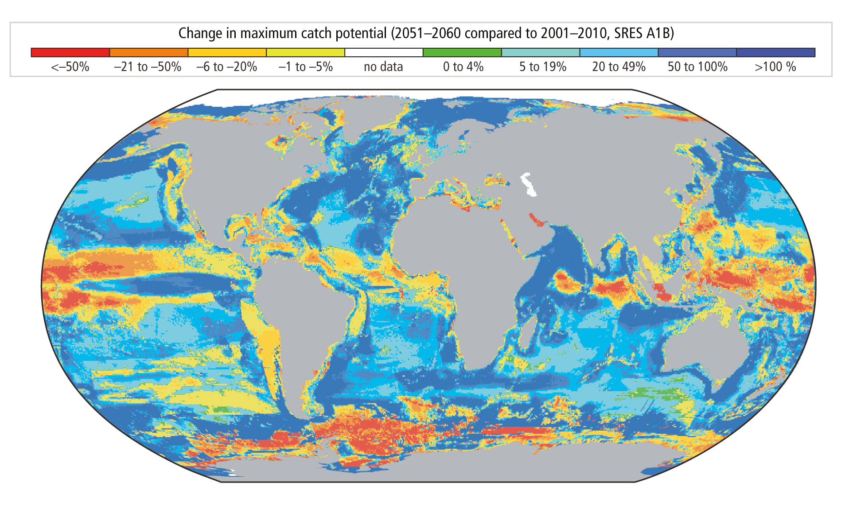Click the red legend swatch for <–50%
pos(70,52)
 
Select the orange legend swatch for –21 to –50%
pos(148,52)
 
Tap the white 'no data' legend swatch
pos(384,52)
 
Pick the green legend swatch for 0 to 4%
pos(462,52)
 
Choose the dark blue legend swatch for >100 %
pos(775,52)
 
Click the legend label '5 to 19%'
pos(543,67)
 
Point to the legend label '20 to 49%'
pos(619,67)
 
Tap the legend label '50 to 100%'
pos(697,67)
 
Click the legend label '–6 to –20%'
pos(226,67)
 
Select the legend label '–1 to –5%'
pos(305,67)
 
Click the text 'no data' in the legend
pos(383,67)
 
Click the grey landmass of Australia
pos(700,350)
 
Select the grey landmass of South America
pos(301,310)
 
